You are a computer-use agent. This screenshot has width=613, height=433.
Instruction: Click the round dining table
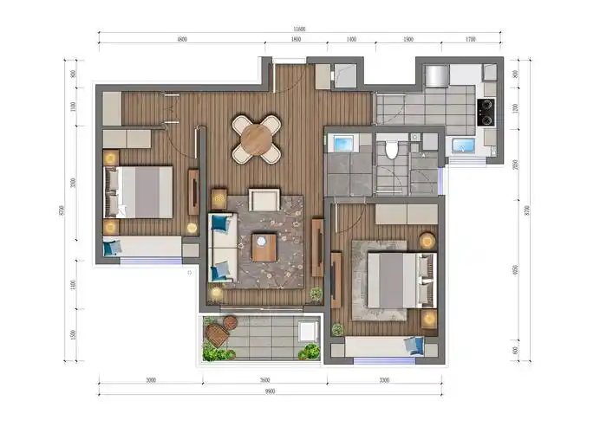point(257,139)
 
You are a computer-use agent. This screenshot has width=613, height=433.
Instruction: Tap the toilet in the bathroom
point(392,150)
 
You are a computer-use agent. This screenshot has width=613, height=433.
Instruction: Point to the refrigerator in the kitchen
point(435,75)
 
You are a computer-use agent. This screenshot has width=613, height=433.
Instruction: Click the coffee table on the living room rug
point(264,248)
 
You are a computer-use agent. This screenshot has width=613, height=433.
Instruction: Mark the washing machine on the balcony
point(308,331)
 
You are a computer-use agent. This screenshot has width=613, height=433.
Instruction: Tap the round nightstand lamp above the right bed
point(427,240)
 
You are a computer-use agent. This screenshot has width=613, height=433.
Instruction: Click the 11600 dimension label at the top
point(298,30)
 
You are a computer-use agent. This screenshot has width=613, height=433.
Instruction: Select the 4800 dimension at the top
point(182,40)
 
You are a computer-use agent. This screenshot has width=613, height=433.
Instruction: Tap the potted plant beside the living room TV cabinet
point(316,294)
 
